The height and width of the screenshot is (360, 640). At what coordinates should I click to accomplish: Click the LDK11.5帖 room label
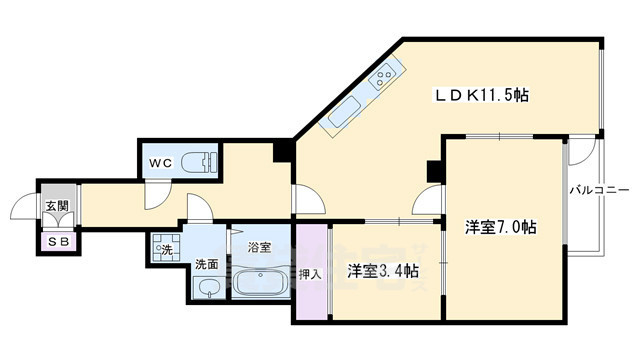point(481,96)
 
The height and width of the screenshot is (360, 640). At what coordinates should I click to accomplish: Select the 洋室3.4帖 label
point(383,271)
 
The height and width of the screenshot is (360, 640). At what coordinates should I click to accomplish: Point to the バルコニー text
point(599,189)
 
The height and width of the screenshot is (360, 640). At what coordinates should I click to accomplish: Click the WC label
point(162,162)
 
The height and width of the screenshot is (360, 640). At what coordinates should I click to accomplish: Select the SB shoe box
point(57,241)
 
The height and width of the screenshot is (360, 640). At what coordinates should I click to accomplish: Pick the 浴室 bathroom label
point(259,246)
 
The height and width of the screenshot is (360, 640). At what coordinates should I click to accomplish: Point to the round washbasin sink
point(207,288)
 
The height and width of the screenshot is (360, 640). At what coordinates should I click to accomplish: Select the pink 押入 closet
point(310,273)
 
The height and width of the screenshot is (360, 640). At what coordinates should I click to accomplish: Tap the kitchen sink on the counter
point(340,114)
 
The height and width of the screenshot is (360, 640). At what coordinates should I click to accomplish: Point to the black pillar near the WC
point(283,152)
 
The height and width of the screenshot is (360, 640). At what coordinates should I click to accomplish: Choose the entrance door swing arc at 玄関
point(22,209)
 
